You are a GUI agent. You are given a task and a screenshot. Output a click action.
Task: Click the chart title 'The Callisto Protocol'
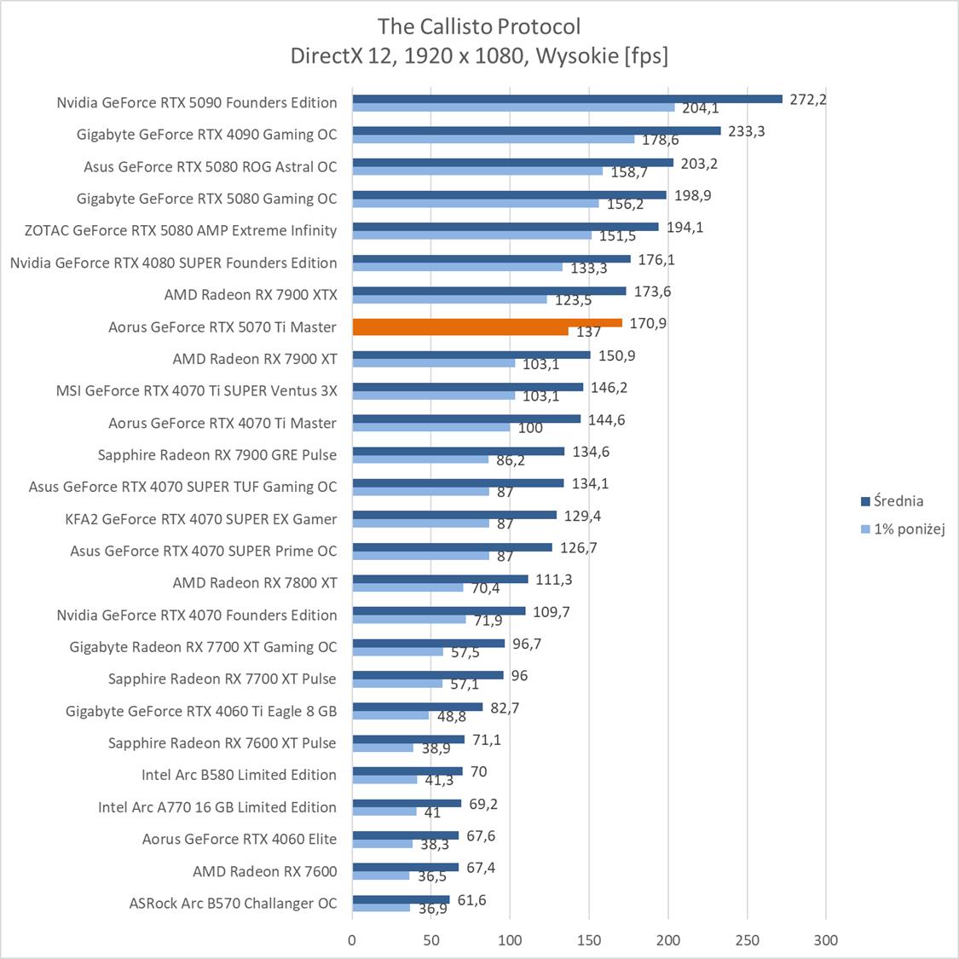click(x=479, y=26)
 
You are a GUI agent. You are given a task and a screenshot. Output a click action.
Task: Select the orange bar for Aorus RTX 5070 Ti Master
click(x=487, y=323)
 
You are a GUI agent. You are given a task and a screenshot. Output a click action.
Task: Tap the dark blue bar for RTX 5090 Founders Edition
click(x=567, y=99)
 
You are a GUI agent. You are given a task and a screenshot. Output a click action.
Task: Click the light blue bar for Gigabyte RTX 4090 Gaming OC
click(x=494, y=139)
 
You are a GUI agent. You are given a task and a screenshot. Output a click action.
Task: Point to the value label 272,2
click(x=808, y=99)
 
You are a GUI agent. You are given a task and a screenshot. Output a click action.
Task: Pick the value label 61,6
click(x=471, y=900)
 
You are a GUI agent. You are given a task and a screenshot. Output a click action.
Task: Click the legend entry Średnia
click(x=898, y=501)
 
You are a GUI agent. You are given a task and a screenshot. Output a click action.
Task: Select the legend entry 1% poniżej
click(x=909, y=529)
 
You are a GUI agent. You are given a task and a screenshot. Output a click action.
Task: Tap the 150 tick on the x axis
click(x=589, y=940)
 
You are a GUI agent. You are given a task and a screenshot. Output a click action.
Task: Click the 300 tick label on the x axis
click(x=825, y=940)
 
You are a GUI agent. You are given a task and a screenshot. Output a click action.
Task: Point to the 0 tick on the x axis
click(x=352, y=940)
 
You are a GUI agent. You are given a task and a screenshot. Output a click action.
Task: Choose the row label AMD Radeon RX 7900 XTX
click(x=251, y=295)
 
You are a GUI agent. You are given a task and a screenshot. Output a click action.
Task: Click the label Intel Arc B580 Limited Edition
click(x=239, y=775)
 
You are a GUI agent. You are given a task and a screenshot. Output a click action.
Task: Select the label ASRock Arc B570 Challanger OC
click(x=233, y=903)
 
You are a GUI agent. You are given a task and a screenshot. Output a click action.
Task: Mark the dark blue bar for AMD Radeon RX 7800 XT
click(x=440, y=579)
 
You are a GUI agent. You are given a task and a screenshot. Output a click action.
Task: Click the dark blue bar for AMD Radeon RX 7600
click(x=405, y=867)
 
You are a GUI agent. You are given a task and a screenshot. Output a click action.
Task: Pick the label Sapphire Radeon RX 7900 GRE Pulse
click(x=217, y=454)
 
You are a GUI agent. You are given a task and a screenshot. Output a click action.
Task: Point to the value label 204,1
click(x=700, y=108)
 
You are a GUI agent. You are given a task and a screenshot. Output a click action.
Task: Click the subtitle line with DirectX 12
click(x=479, y=56)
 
